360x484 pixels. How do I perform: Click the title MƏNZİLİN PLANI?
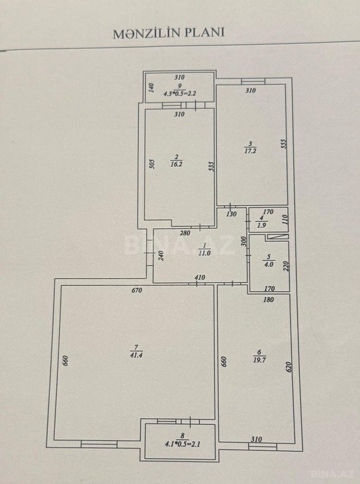click(x=168, y=33)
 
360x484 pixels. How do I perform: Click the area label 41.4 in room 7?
click(x=136, y=355)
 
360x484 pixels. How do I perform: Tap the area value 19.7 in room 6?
click(x=259, y=360)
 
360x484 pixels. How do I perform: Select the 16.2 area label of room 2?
click(x=177, y=164)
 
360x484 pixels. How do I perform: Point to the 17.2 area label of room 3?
click(x=250, y=151)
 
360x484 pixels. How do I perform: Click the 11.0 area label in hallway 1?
click(x=204, y=254)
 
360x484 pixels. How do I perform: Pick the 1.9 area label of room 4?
click(x=261, y=226)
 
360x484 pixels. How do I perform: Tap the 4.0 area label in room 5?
click(x=269, y=265)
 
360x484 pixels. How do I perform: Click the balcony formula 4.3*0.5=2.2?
click(x=180, y=93)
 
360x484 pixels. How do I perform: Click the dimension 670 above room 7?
click(x=136, y=291)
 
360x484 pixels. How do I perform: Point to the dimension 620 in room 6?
click(x=289, y=367)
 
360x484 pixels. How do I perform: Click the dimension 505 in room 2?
click(x=152, y=164)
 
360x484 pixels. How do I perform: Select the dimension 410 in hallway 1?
click(x=200, y=277)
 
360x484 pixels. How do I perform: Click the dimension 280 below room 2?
click(x=185, y=233)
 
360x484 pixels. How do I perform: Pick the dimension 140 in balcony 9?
click(x=151, y=88)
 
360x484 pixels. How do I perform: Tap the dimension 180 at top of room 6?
click(x=269, y=300)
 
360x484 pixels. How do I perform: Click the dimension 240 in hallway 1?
click(x=161, y=256)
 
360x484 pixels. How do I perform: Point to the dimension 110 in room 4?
click(x=285, y=219)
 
